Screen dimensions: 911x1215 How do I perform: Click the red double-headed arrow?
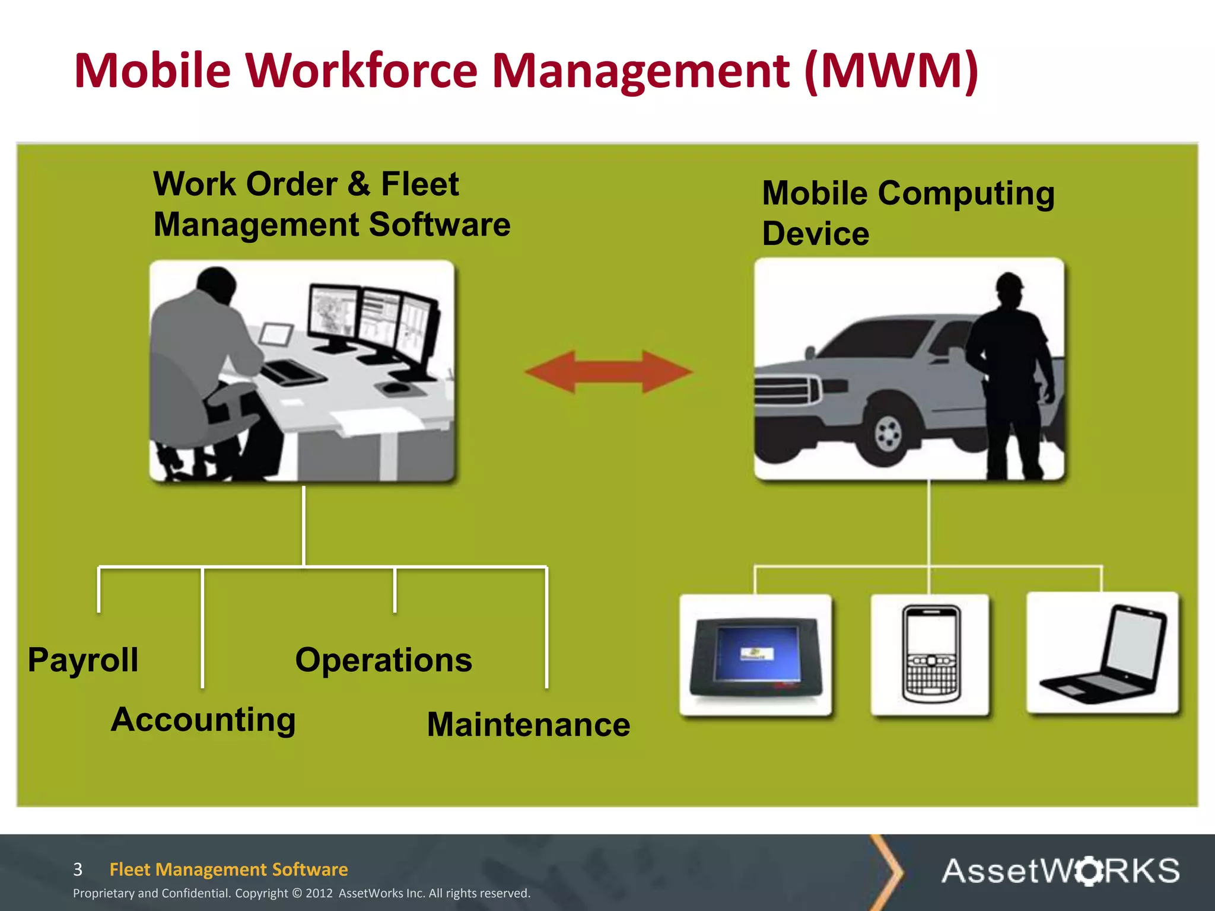point(609,372)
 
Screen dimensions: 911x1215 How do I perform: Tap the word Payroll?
point(83,660)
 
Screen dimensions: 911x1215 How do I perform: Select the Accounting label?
point(203,720)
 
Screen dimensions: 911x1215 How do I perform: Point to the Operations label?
point(383,660)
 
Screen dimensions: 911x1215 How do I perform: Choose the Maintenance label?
point(528,725)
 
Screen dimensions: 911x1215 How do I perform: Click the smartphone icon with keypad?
point(930,654)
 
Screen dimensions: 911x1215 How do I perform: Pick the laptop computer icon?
point(1103,654)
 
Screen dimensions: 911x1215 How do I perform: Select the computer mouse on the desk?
point(396,388)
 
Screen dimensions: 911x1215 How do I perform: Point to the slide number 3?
point(78,869)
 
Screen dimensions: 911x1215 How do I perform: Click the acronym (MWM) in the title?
point(892,71)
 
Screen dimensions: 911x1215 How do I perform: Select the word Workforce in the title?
point(366,71)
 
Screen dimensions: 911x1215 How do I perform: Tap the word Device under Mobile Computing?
point(815,234)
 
